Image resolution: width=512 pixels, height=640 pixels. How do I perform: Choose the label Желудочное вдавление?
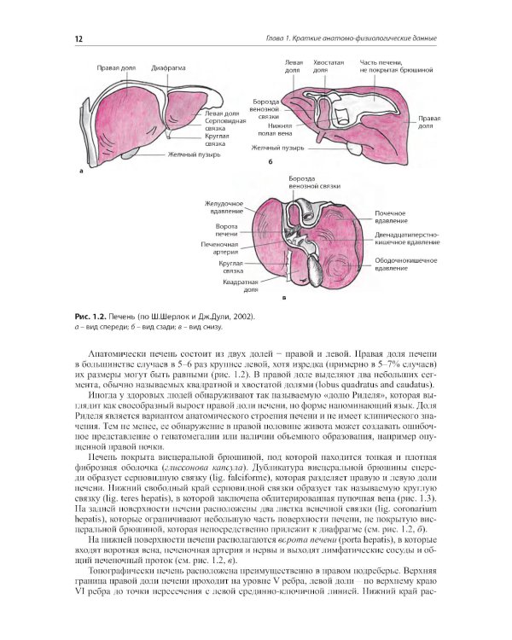(224, 207)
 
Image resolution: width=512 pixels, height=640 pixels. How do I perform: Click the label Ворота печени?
(226, 230)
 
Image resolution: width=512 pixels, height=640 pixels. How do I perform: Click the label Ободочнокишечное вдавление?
(405, 264)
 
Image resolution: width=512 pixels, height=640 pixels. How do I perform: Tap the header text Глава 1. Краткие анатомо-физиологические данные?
(362, 39)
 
